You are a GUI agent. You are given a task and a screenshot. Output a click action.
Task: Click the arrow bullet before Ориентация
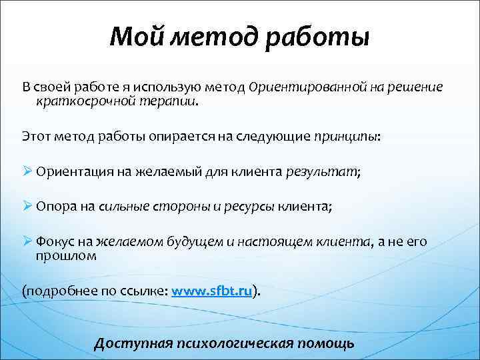coord(27,171)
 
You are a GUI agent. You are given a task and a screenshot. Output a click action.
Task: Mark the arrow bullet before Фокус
coord(27,242)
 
